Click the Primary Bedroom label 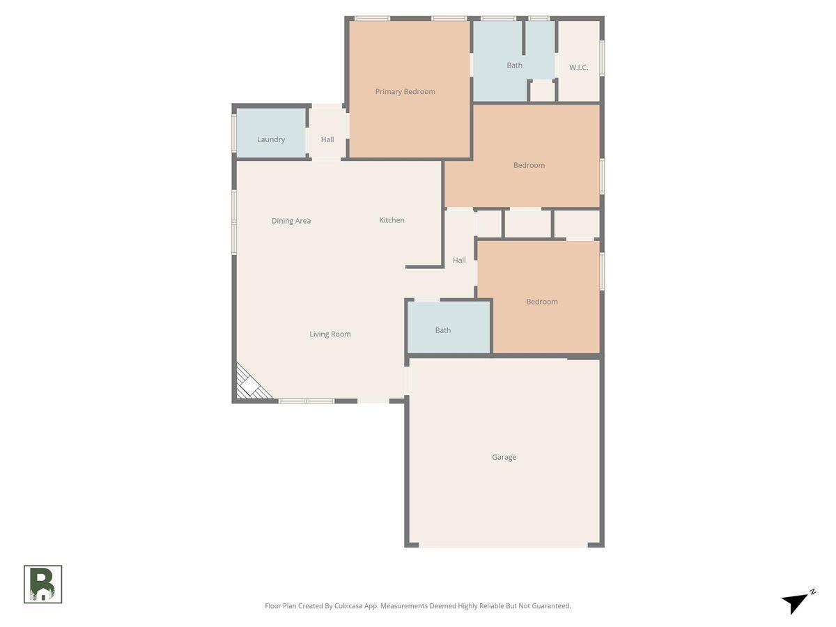pos(405,91)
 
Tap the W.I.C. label pos(578,68)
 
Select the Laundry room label pos(271,139)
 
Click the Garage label pos(504,457)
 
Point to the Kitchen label pos(392,220)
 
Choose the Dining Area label pos(291,221)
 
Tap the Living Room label pos(330,334)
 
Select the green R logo pos(43,584)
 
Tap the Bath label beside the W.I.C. pos(514,65)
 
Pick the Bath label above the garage pos(443,330)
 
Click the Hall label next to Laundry pos(327,139)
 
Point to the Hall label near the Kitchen pos(459,261)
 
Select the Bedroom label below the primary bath pos(529,165)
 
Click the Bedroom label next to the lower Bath pos(541,302)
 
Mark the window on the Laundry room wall pos(234,132)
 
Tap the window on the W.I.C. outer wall pos(602,59)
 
